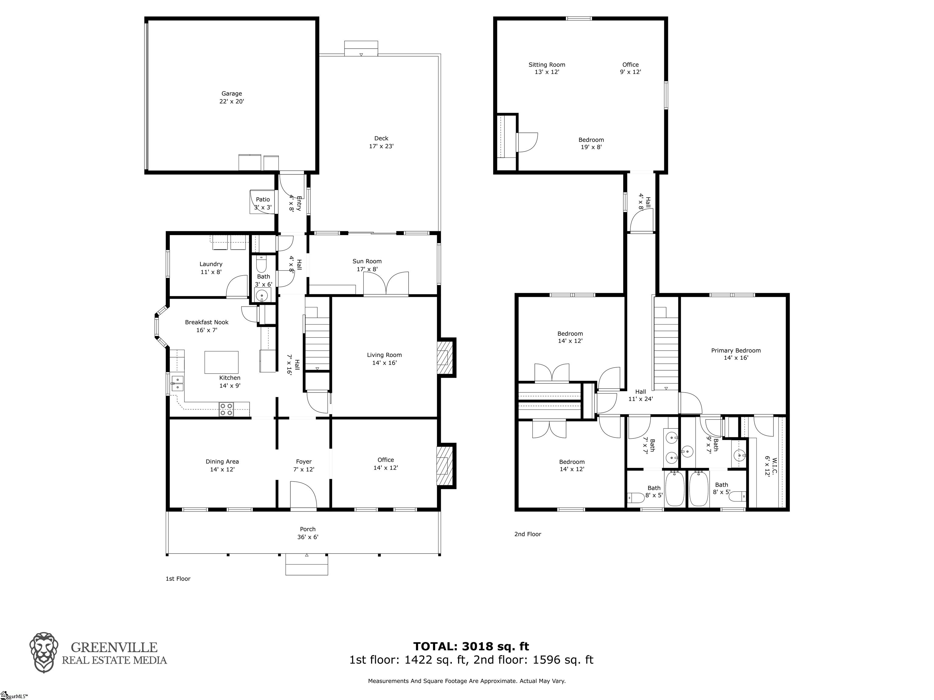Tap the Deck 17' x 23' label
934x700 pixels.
click(x=381, y=142)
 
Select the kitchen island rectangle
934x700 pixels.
click(x=221, y=362)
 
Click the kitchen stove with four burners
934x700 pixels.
click(x=226, y=409)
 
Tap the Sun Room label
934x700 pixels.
click(x=367, y=265)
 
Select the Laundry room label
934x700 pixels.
click(x=211, y=268)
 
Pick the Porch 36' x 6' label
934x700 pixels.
click(x=308, y=533)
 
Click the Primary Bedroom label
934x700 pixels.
click(x=736, y=354)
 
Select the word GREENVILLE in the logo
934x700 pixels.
click(x=114, y=647)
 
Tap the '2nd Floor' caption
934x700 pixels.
click(x=528, y=534)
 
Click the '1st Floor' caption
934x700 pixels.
click(x=178, y=578)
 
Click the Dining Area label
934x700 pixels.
click(x=222, y=465)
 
